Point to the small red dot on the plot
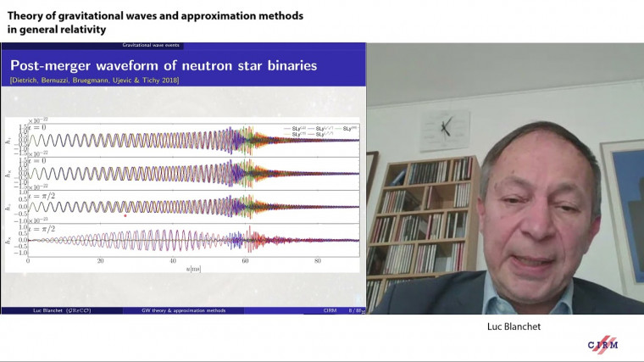pos(125,215)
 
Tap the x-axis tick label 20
pos(100,260)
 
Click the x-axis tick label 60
pos(245,260)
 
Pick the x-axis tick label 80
pos(317,260)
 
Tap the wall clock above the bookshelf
pos(444,130)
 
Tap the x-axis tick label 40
pos(172,260)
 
